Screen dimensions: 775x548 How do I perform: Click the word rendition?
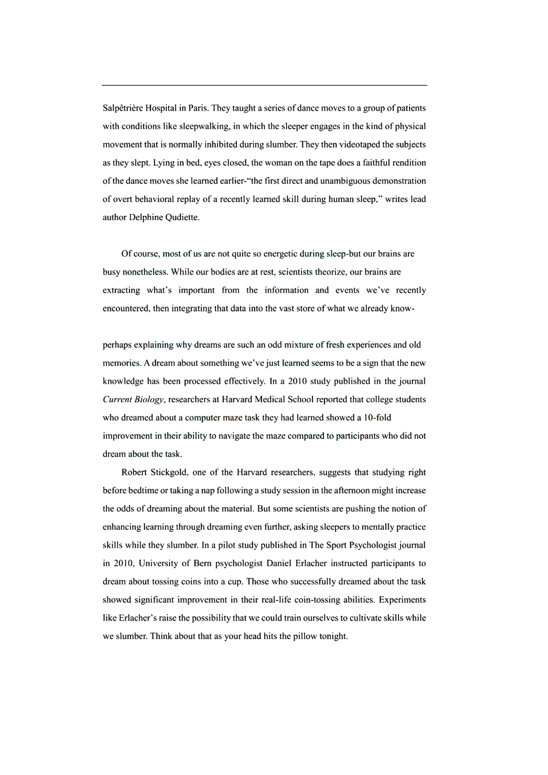pos(407,163)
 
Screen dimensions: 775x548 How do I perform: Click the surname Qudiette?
pos(182,217)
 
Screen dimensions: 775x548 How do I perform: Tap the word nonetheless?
pos(145,272)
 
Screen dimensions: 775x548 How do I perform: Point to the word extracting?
pos(121,290)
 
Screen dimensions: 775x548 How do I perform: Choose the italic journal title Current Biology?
pos(134,400)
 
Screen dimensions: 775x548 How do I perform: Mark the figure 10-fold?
pos(377,418)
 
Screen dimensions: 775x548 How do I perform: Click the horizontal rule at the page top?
pos(264,85)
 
